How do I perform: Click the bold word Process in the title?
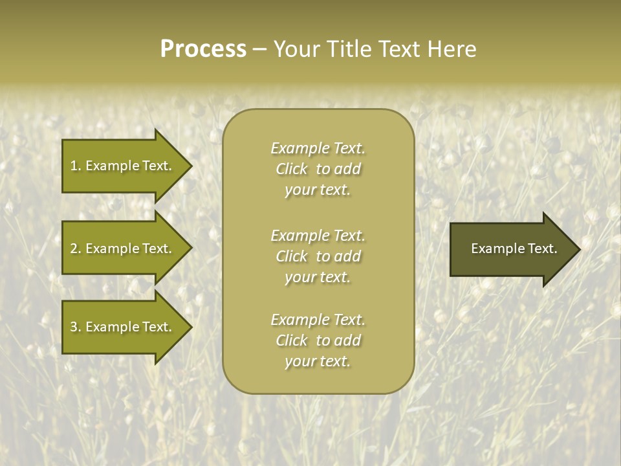[203, 49]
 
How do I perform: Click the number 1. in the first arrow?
[76, 166]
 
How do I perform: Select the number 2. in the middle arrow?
[76, 249]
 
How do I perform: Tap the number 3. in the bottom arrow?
[76, 327]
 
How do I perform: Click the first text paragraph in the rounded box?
[318, 169]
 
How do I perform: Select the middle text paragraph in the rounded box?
[318, 256]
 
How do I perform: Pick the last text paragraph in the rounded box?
[318, 340]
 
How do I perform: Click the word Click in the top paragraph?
[292, 169]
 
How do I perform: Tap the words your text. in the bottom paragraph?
[318, 361]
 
